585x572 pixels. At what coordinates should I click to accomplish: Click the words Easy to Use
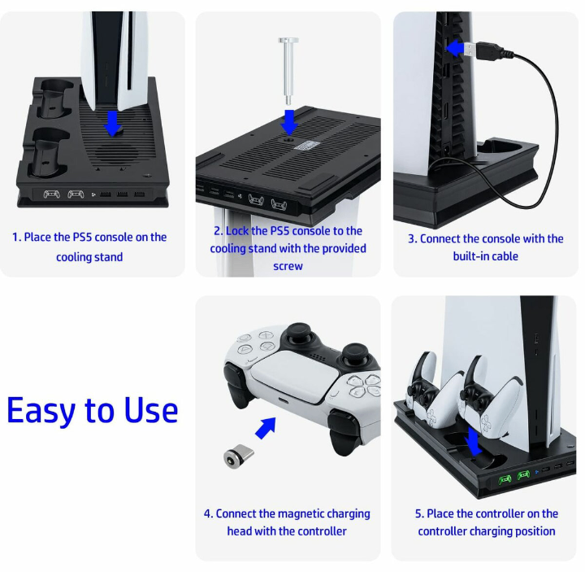point(92,410)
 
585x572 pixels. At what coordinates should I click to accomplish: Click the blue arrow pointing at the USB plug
point(457,49)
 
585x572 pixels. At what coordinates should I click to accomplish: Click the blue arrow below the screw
point(288,122)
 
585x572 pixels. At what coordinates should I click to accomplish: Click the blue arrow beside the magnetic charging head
point(265,427)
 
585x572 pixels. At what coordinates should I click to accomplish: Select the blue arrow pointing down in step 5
point(473,443)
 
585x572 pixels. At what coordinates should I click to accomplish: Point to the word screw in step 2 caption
point(288,267)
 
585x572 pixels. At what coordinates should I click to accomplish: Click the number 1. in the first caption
point(16,238)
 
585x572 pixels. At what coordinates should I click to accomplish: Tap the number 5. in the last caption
point(419,514)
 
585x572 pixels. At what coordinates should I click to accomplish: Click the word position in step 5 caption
point(535,531)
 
